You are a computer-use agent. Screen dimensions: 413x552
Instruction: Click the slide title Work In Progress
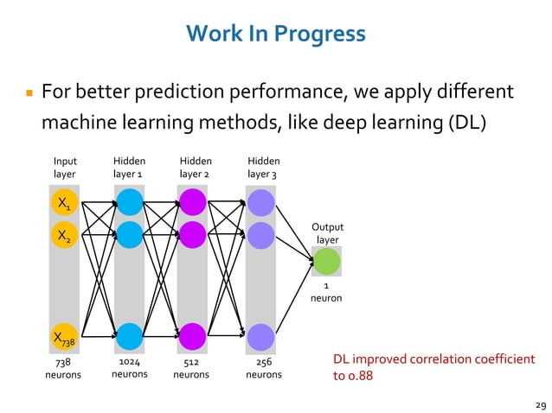pos(275,34)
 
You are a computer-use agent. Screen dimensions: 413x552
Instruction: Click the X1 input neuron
pos(64,203)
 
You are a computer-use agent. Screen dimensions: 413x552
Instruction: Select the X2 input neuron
pos(64,234)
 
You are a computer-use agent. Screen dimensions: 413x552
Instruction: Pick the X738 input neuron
pos(64,337)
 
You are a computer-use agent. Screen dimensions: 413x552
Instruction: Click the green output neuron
pos(326,261)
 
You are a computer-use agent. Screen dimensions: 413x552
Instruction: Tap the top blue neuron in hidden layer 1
pos(129,203)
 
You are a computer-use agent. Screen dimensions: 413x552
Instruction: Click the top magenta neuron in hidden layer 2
pos(192,203)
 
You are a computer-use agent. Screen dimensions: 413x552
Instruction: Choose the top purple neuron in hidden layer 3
pos(260,203)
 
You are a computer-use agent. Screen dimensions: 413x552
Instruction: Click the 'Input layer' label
pos(65,168)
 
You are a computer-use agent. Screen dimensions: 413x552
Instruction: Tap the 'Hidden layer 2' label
pos(196,168)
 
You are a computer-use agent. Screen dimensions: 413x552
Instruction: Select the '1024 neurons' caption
pos(130,368)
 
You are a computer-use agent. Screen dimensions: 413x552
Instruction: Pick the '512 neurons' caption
pos(191,368)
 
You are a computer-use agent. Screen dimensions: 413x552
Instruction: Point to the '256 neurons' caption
pos(264,368)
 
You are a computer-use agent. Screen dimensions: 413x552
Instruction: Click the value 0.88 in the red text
pos(362,376)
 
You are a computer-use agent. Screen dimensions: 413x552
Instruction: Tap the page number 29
pos(541,403)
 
